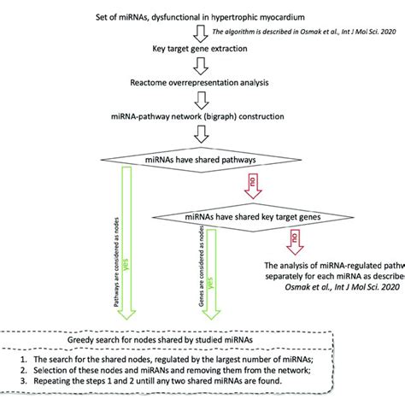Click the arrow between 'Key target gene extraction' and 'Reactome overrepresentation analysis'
coord(202,89)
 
